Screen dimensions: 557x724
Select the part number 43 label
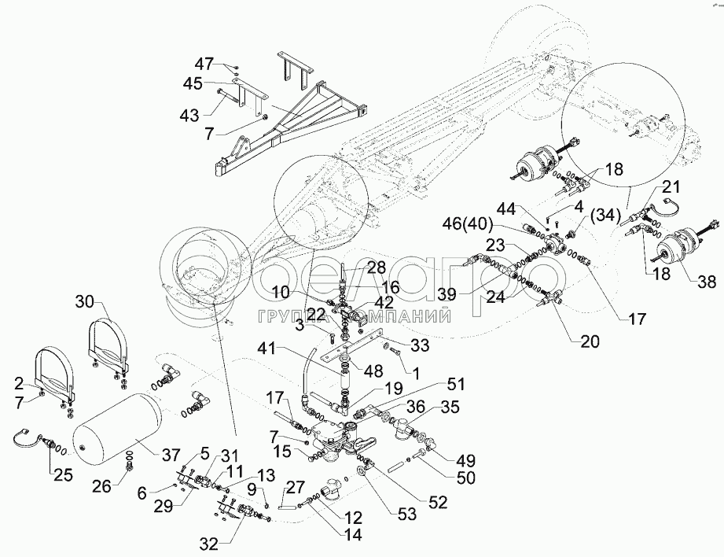[189, 116]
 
